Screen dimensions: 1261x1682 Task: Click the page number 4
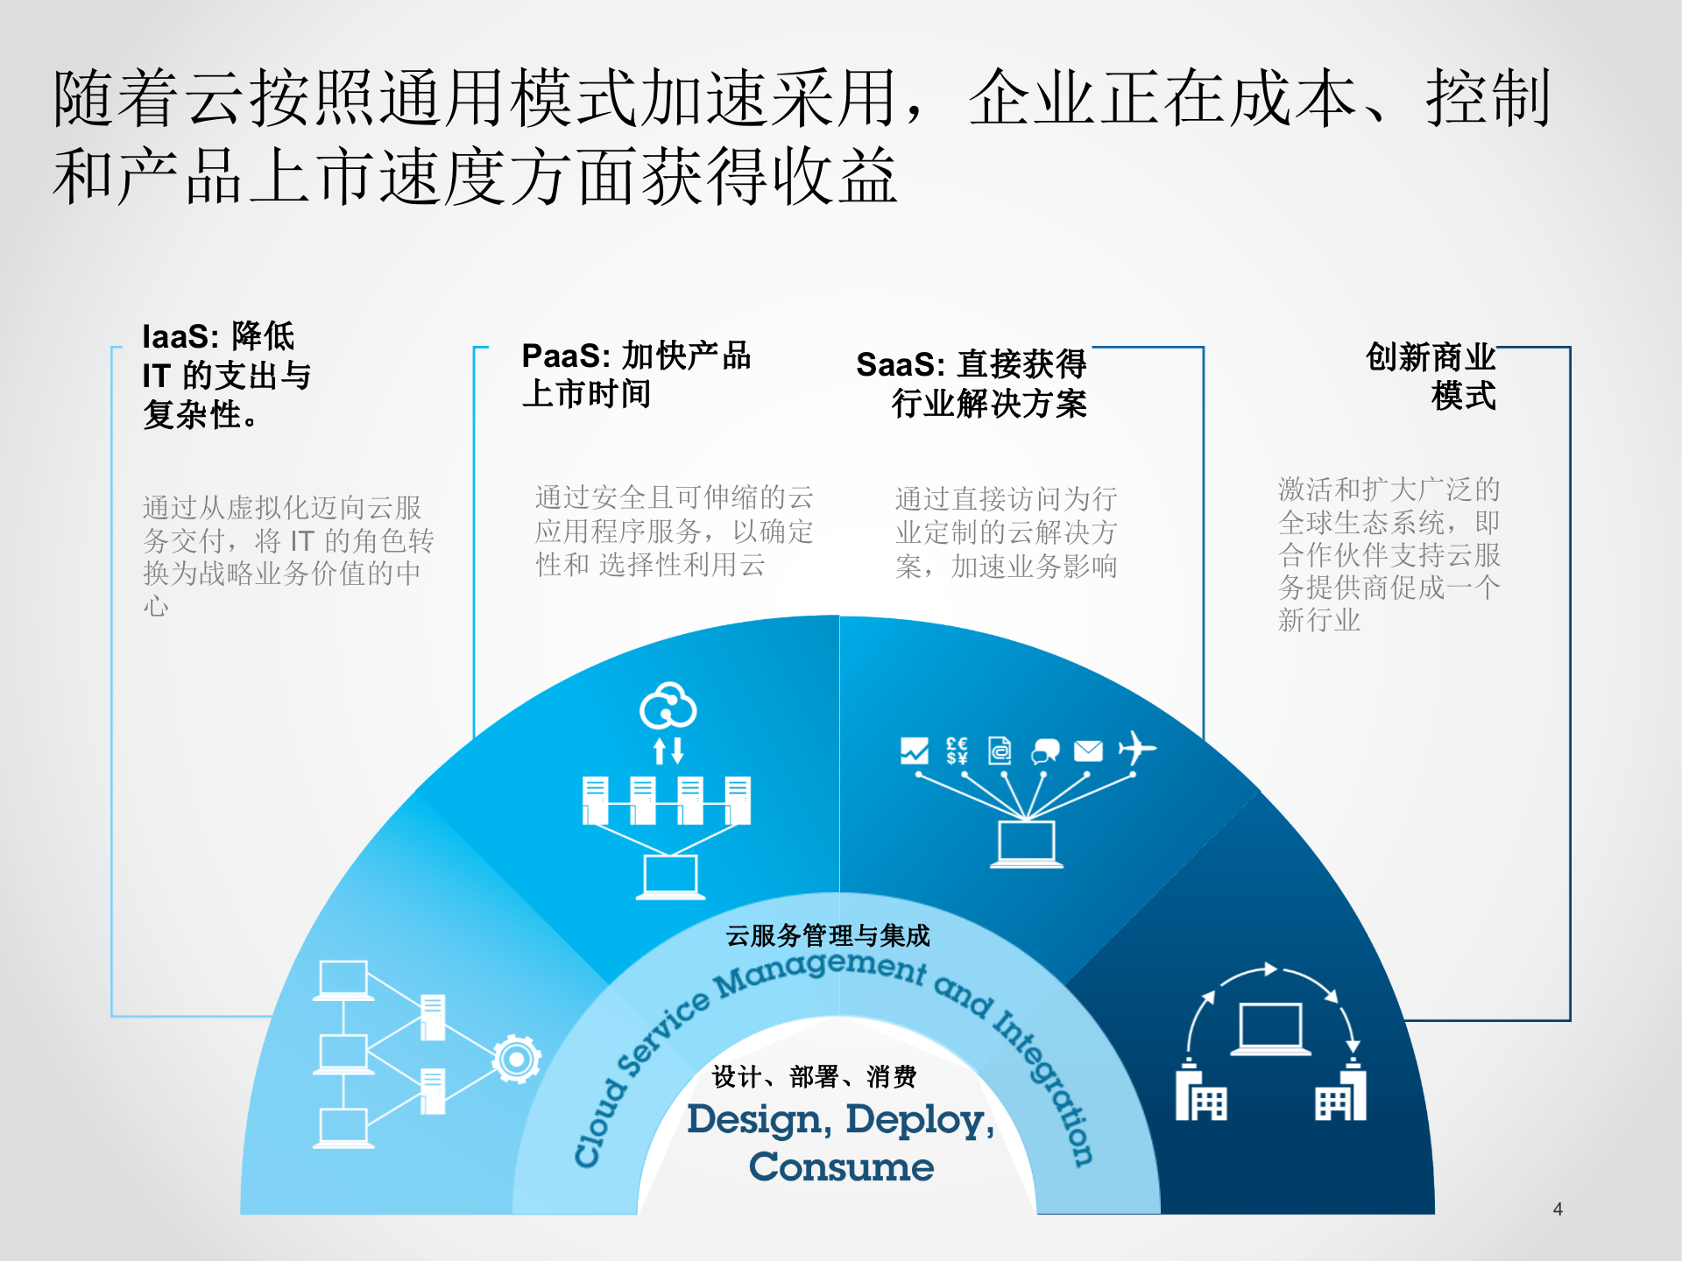tap(1558, 1209)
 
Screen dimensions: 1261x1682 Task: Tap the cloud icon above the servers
tap(668, 706)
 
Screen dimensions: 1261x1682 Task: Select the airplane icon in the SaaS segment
tap(1136, 749)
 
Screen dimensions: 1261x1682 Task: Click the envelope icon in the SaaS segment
tap(1088, 750)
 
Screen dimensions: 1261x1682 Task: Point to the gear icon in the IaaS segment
tap(516, 1060)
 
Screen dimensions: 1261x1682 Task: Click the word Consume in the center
tap(841, 1167)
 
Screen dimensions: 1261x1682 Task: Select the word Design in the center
tap(754, 1120)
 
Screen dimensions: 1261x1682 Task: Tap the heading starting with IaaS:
tap(227, 375)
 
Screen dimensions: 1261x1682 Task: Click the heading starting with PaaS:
tap(635, 375)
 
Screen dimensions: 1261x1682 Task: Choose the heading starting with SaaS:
tap(972, 384)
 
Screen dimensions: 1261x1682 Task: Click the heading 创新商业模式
tap(1431, 377)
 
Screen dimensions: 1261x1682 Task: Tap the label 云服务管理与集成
tap(828, 935)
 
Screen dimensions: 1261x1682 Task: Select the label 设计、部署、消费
tap(815, 1076)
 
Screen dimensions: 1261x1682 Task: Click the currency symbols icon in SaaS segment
tap(957, 750)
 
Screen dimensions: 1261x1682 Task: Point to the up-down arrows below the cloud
tap(668, 750)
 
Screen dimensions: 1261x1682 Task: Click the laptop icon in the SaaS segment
tap(1027, 844)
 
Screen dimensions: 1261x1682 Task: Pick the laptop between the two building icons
tap(1270, 1028)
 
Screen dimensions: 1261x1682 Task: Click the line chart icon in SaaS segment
tap(914, 750)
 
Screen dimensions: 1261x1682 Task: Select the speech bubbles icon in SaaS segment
tap(1045, 751)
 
